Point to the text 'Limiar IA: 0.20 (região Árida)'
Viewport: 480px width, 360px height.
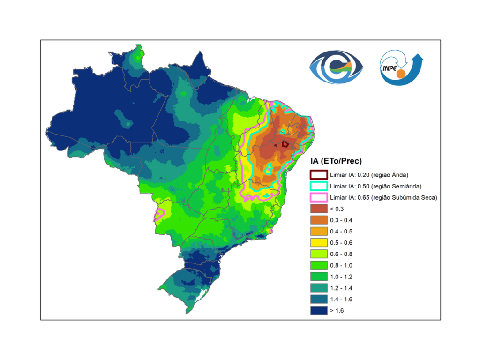point(369,175)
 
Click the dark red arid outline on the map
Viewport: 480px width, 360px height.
point(285,144)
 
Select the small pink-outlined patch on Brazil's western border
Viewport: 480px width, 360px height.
point(159,214)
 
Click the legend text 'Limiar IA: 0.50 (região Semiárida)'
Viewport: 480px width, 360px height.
point(375,186)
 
